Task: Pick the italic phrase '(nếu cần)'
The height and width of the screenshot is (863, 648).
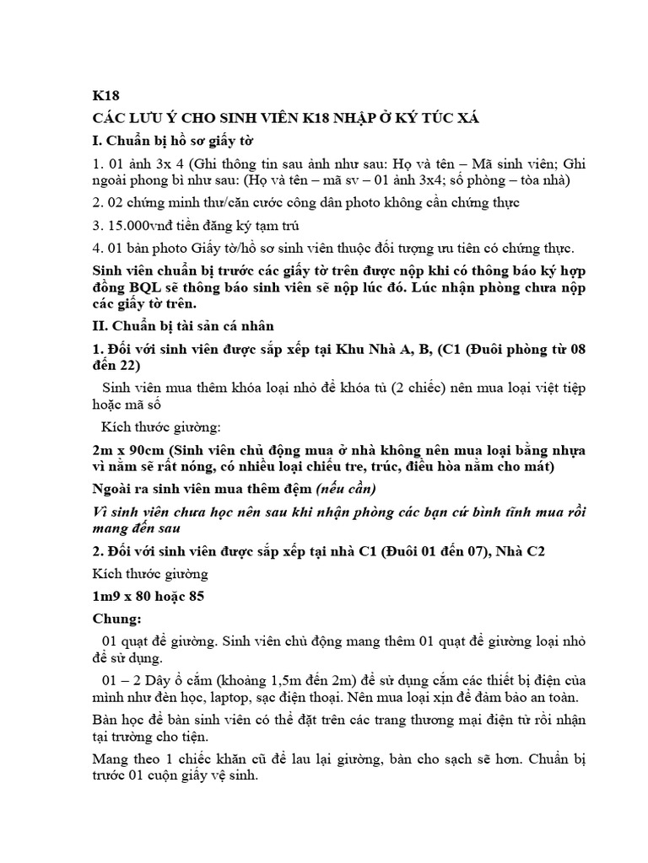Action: point(346,488)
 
